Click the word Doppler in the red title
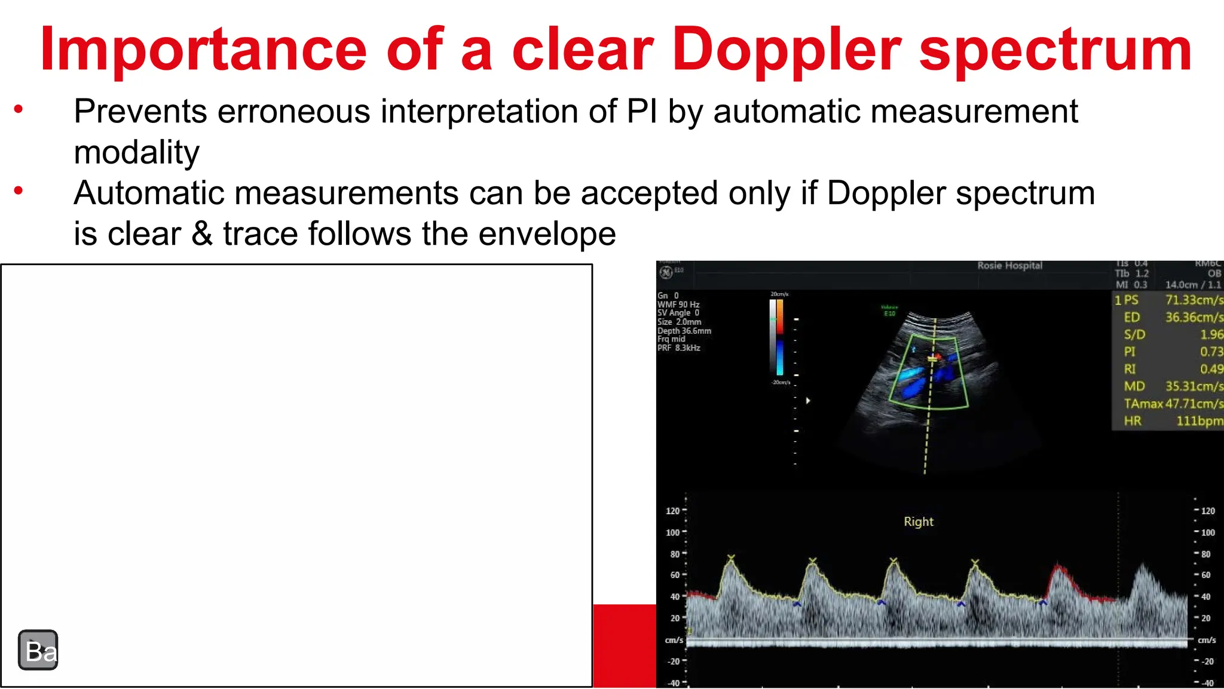pos(787,50)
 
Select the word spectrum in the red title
pos(1055,50)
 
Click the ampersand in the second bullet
pos(202,233)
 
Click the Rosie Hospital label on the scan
pos(1009,266)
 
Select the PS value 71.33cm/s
pos(1193,300)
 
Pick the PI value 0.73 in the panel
pos(1211,352)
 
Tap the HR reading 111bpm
pos(1199,421)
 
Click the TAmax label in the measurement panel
pos(1143,404)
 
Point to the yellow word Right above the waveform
pos(918,522)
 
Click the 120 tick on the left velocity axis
pos(673,511)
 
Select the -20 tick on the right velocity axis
pos(1208,662)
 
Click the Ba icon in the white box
pos(38,650)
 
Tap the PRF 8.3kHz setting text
pos(678,348)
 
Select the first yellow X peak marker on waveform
pos(730,558)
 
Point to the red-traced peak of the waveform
pos(1058,567)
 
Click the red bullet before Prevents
pos(19,109)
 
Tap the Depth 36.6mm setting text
pos(684,331)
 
